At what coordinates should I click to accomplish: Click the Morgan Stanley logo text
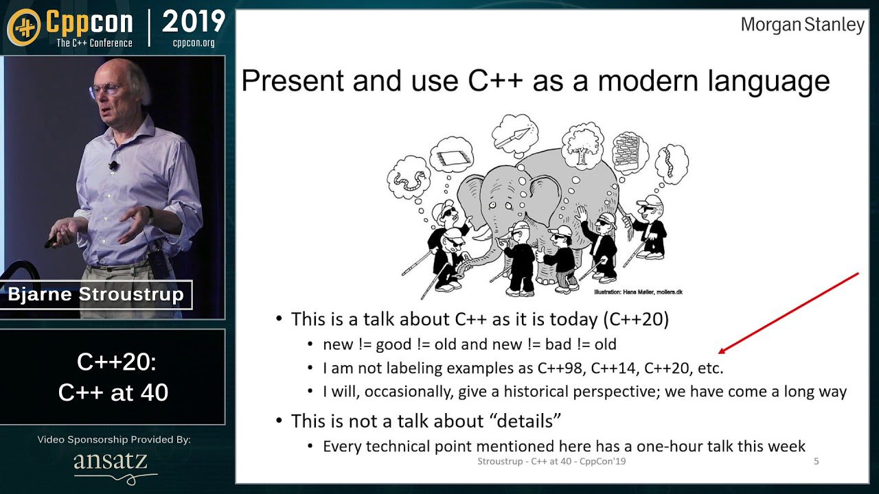click(802, 25)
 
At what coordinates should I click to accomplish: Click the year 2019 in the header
click(193, 22)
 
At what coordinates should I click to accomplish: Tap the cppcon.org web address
click(194, 43)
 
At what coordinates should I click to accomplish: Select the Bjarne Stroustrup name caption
click(95, 295)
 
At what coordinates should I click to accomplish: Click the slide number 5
click(816, 461)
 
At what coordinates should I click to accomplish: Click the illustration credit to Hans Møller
click(638, 292)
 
